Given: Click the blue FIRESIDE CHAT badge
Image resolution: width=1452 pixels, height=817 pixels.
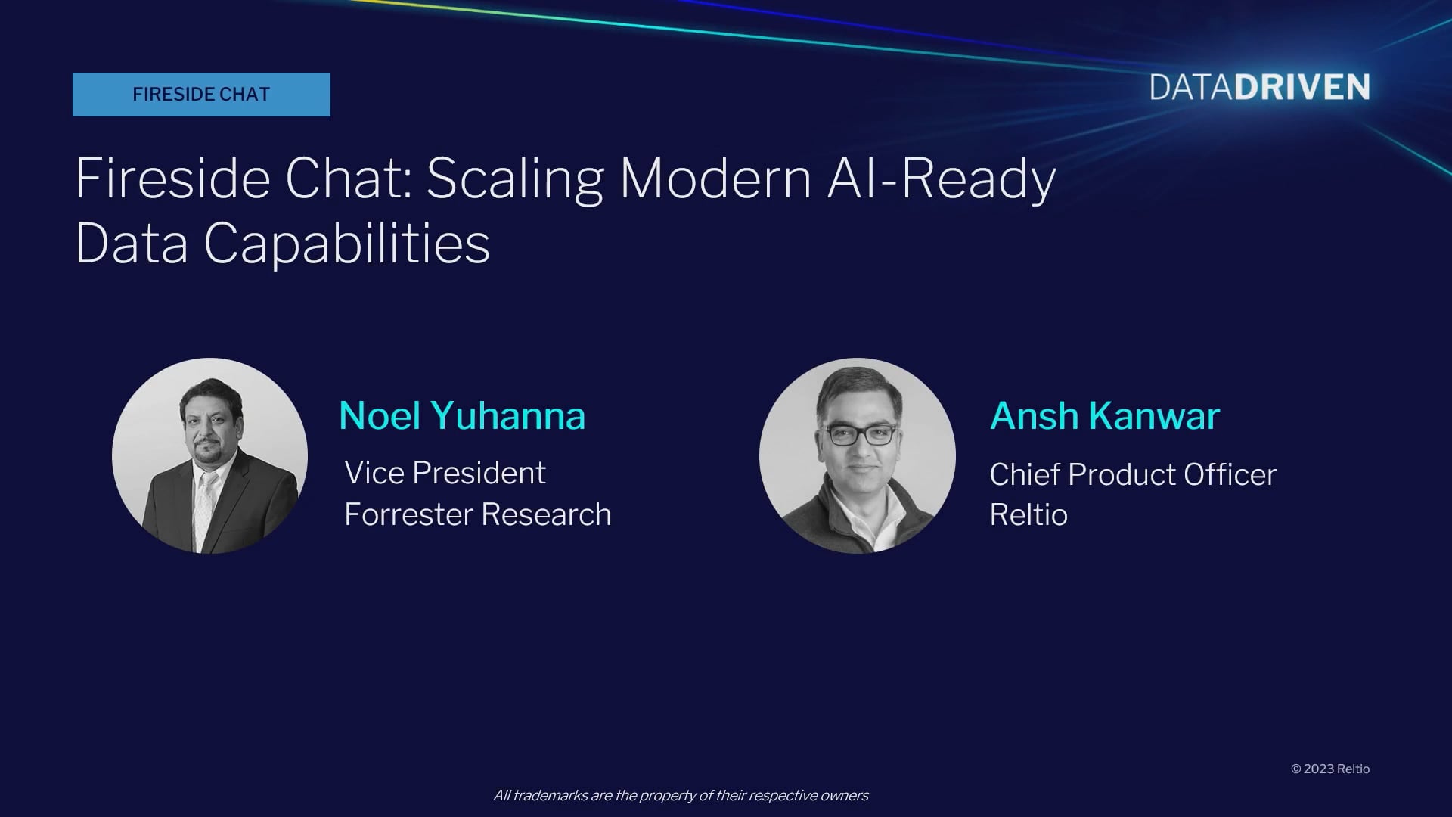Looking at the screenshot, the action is click(201, 95).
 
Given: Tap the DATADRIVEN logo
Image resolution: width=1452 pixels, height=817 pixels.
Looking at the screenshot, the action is click(1260, 88).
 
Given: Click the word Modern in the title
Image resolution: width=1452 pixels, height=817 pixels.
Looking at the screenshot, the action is click(715, 179).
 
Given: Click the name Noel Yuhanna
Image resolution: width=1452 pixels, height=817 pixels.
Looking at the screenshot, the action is click(462, 415).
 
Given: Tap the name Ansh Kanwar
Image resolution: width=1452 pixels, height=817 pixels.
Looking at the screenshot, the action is click(1105, 415).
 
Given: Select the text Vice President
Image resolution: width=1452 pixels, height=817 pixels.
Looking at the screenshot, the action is click(445, 473).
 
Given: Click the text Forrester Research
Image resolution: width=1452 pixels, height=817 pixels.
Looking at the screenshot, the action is click(478, 514).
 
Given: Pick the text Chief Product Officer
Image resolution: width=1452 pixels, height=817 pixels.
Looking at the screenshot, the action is click(1133, 474).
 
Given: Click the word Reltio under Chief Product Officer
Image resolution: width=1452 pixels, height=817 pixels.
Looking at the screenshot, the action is click(1028, 514).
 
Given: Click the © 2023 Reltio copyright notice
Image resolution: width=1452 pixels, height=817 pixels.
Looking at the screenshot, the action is click(1330, 769).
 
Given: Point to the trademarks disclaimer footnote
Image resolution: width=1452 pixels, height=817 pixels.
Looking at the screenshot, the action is click(681, 795).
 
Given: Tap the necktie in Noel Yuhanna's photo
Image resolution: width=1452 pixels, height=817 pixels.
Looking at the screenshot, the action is click(203, 507).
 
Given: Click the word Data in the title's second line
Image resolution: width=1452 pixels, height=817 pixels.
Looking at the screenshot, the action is click(132, 244).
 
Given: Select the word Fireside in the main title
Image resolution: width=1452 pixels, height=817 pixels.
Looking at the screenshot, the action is click(172, 179).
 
